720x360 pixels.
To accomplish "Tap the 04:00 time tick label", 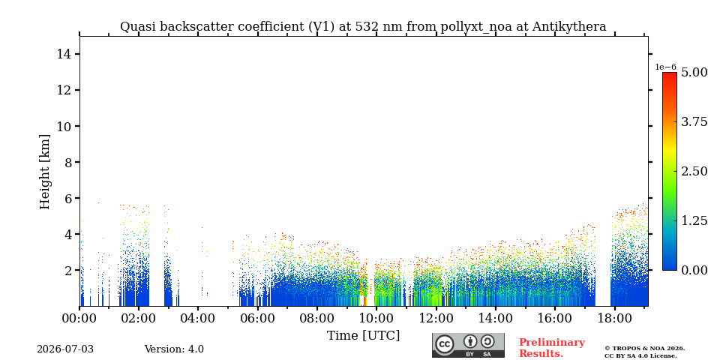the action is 198,319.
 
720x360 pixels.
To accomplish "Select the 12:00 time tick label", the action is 435,319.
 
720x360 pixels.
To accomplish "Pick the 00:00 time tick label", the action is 79,319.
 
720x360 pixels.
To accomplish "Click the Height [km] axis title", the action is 44,172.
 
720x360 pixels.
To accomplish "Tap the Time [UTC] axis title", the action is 363,336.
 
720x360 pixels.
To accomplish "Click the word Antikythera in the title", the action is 569,27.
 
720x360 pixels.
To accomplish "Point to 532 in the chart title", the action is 365,27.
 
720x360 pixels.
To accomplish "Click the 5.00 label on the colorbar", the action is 694,72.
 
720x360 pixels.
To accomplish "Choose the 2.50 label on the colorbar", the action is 694,171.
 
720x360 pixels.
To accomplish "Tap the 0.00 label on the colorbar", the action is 694,270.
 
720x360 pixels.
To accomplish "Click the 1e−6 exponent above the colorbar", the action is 665,67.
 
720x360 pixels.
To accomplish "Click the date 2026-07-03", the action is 65,349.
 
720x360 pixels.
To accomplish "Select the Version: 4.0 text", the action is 174,349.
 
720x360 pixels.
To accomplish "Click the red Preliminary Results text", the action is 552,348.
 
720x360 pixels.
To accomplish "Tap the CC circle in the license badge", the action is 445,345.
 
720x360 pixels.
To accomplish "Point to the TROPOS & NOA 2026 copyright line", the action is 644,349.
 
